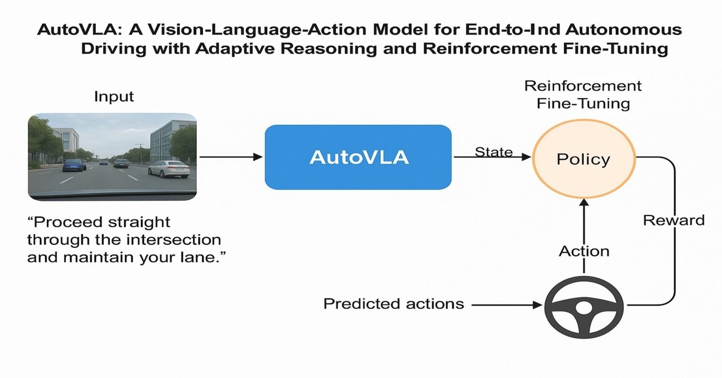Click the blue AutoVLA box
click(x=358, y=157)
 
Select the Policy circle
click(x=583, y=159)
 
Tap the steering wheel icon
click(x=584, y=306)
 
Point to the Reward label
click(x=674, y=219)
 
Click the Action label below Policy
click(x=584, y=251)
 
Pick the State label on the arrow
click(x=494, y=152)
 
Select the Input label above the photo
click(x=114, y=96)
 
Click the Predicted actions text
click(x=393, y=304)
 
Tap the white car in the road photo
click(x=169, y=169)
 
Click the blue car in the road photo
click(x=74, y=165)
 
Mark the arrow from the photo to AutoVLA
click(x=231, y=157)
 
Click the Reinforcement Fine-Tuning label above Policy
click(x=583, y=94)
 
